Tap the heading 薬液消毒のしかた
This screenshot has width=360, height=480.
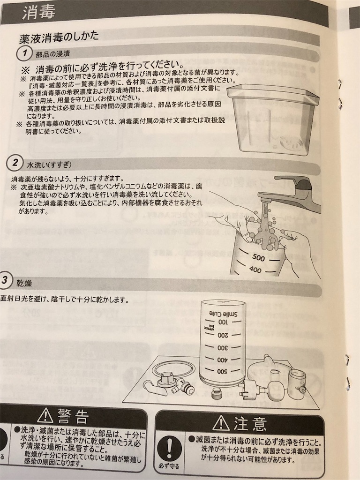[59, 37]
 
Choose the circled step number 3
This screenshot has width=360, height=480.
[4, 281]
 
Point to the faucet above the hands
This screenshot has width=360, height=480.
[293, 185]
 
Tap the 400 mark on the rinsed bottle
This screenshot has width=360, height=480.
[255, 270]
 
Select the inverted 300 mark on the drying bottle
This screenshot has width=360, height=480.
[222, 347]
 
